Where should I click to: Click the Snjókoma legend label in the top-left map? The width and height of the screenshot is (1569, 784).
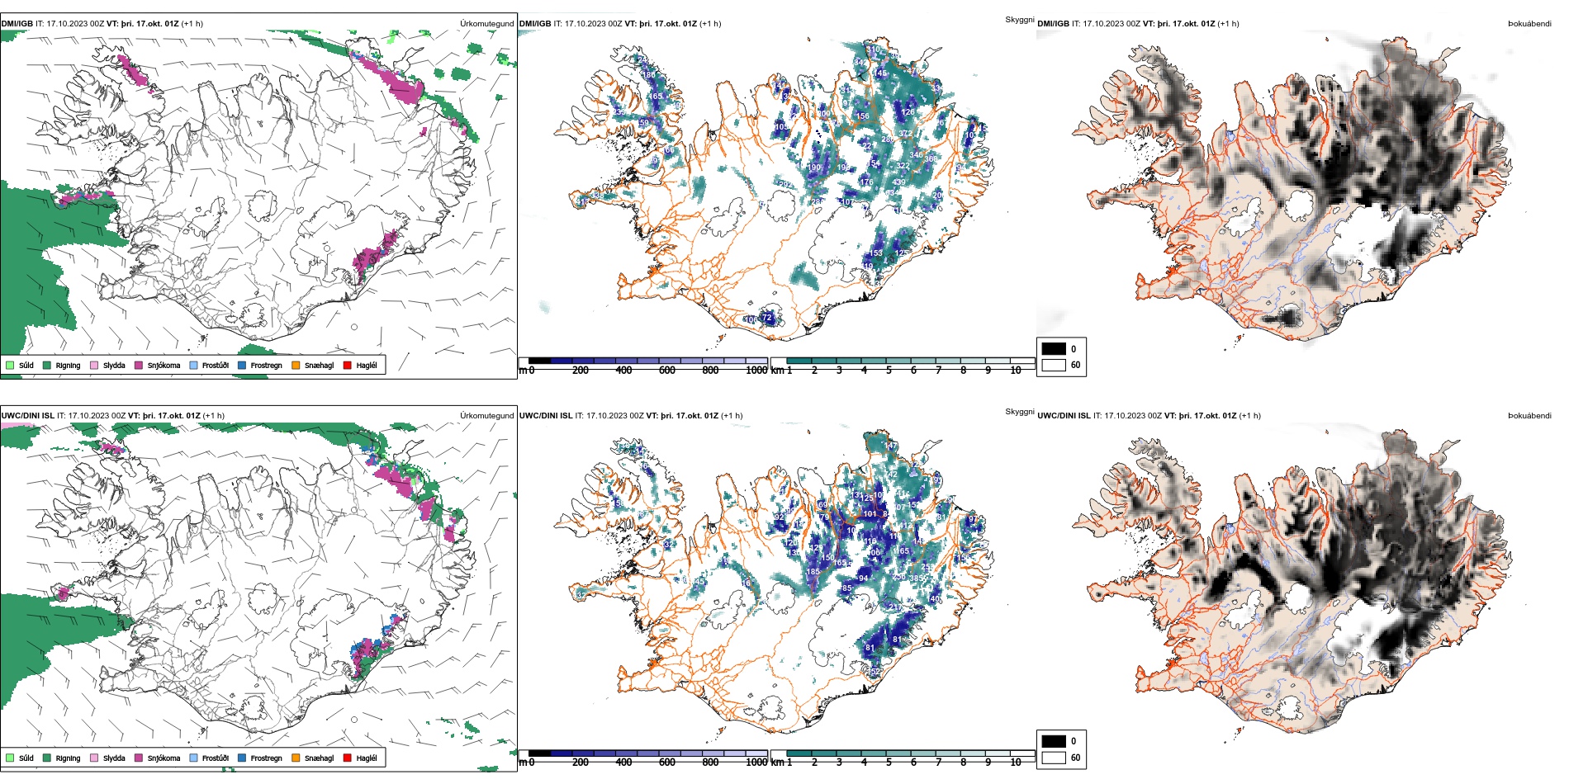164,366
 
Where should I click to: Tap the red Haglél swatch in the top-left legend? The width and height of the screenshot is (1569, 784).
348,365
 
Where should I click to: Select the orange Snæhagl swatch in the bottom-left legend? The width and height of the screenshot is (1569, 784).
296,758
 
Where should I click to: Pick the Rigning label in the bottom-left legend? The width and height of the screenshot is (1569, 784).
68,758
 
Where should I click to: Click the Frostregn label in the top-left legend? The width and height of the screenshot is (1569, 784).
266,366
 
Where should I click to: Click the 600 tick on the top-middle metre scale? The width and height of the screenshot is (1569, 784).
667,371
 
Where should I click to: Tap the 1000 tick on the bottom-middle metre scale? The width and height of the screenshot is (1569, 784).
756,763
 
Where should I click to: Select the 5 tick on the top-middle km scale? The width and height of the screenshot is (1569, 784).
889,371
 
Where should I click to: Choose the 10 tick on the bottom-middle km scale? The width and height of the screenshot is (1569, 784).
1016,763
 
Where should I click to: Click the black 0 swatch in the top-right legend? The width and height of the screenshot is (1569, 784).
1054,349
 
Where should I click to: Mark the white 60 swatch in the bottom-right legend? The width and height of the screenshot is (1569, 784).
1054,758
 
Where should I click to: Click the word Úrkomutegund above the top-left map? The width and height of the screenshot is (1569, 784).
486,24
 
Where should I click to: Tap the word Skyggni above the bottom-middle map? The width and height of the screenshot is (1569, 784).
1019,412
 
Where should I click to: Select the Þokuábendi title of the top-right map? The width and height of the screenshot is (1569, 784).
1529,24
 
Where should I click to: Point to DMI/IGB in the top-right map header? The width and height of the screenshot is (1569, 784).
1053,24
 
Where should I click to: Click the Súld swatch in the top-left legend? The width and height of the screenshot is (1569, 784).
10,365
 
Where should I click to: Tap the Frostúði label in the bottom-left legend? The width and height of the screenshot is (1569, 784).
215,758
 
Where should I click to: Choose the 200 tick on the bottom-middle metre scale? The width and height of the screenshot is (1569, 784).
581,763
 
